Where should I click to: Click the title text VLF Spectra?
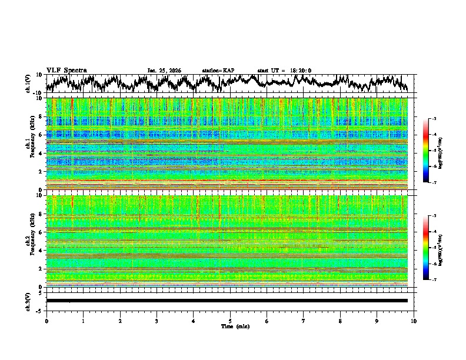(x=66, y=70)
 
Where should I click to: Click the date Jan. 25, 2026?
(x=164, y=71)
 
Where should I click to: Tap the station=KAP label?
(x=218, y=71)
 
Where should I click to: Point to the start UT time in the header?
(x=284, y=71)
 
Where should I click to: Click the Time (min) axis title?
(x=235, y=326)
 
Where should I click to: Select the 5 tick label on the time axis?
(x=230, y=321)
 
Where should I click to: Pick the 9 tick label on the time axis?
(x=377, y=321)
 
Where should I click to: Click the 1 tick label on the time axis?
(x=83, y=321)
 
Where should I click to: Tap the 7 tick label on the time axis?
(x=304, y=321)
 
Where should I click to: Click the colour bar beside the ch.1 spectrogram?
(x=431, y=151)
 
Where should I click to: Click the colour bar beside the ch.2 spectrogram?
(x=431, y=248)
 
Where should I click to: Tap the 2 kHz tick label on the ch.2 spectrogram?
(x=40, y=269)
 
